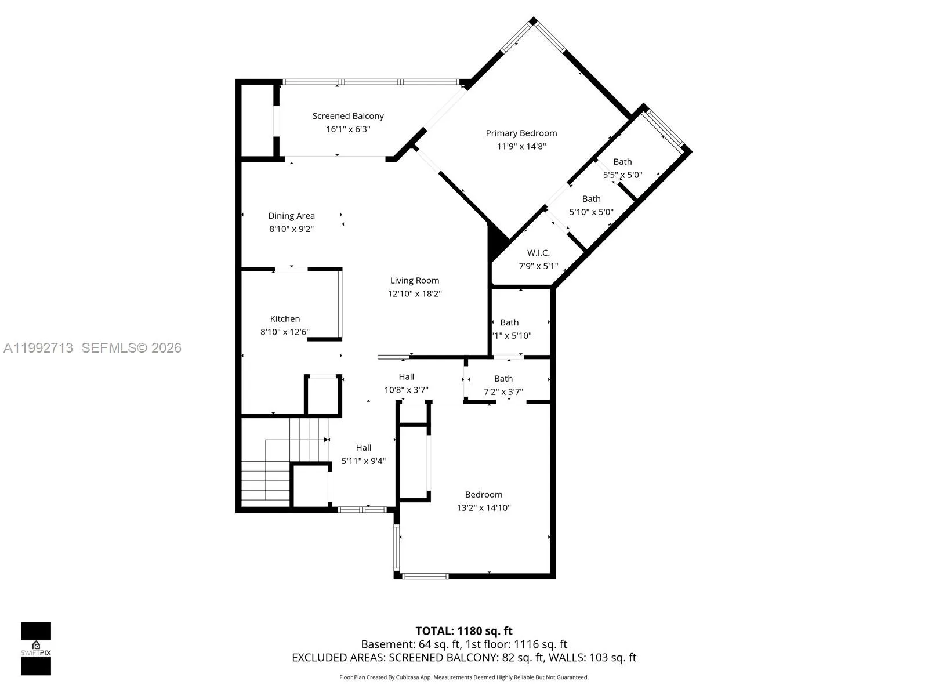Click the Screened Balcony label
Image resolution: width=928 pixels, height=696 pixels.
coord(348,116)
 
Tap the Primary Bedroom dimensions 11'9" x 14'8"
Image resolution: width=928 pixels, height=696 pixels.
coord(521,146)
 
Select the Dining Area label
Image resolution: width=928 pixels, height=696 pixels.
coord(291,216)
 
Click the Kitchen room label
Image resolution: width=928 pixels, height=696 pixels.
coord(285,318)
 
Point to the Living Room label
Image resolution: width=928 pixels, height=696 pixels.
coord(414,281)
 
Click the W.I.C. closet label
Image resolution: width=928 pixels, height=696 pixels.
coord(538,253)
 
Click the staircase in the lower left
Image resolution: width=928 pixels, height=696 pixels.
coord(278,464)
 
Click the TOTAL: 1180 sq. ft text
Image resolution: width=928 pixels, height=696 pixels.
coord(463,631)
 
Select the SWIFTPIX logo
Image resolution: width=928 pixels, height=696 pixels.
coord(36,648)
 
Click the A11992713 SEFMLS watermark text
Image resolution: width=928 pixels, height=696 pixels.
coord(92,348)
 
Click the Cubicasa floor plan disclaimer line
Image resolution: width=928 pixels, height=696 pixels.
coord(463,677)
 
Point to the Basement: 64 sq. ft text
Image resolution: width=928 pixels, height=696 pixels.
coord(411,644)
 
